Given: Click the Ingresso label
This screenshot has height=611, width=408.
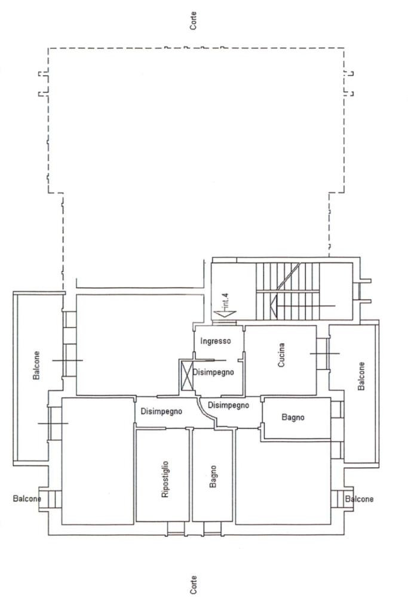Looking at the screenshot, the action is pyautogui.click(x=215, y=341).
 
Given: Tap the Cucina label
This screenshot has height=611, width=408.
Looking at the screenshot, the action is pyautogui.click(x=281, y=355).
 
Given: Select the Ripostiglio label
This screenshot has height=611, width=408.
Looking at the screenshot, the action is pyautogui.click(x=165, y=479).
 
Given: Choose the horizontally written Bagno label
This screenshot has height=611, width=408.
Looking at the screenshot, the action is pyautogui.click(x=293, y=418).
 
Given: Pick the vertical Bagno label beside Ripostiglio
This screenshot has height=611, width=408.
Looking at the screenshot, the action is pyautogui.click(x=213, y=476).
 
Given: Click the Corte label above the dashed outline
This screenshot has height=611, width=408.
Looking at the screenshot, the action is pyautogui.click(x=193, y=21).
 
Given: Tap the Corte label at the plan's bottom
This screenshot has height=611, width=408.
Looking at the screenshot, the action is pyautogui.click(x=193, y=585).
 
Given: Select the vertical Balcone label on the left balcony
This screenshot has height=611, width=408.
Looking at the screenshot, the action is pyautogui.click(x=36, y=365).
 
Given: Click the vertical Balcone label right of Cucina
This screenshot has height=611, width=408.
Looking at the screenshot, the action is pyautogui.click(x=361, y=376).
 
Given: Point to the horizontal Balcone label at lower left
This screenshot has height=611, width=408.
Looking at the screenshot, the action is pyautogui.click(x=27, y=498).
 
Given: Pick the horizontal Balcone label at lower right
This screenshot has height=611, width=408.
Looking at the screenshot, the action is pyautogui.click(x=359, y=499).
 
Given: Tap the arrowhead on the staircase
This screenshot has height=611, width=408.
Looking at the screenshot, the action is pyautogui.click(x=273, y=305).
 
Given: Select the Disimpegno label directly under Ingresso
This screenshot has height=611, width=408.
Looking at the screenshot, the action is pyautogui.click(x=213, y=372).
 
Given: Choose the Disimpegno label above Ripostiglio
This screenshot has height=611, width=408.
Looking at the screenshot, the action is pyautogui.click(x=161, y=411).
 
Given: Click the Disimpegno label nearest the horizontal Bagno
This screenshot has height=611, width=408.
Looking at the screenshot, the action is pyautogui.click(x=228, y=405).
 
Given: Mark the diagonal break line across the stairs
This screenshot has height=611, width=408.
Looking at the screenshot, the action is pyautogui.click(x=289, y=277).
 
